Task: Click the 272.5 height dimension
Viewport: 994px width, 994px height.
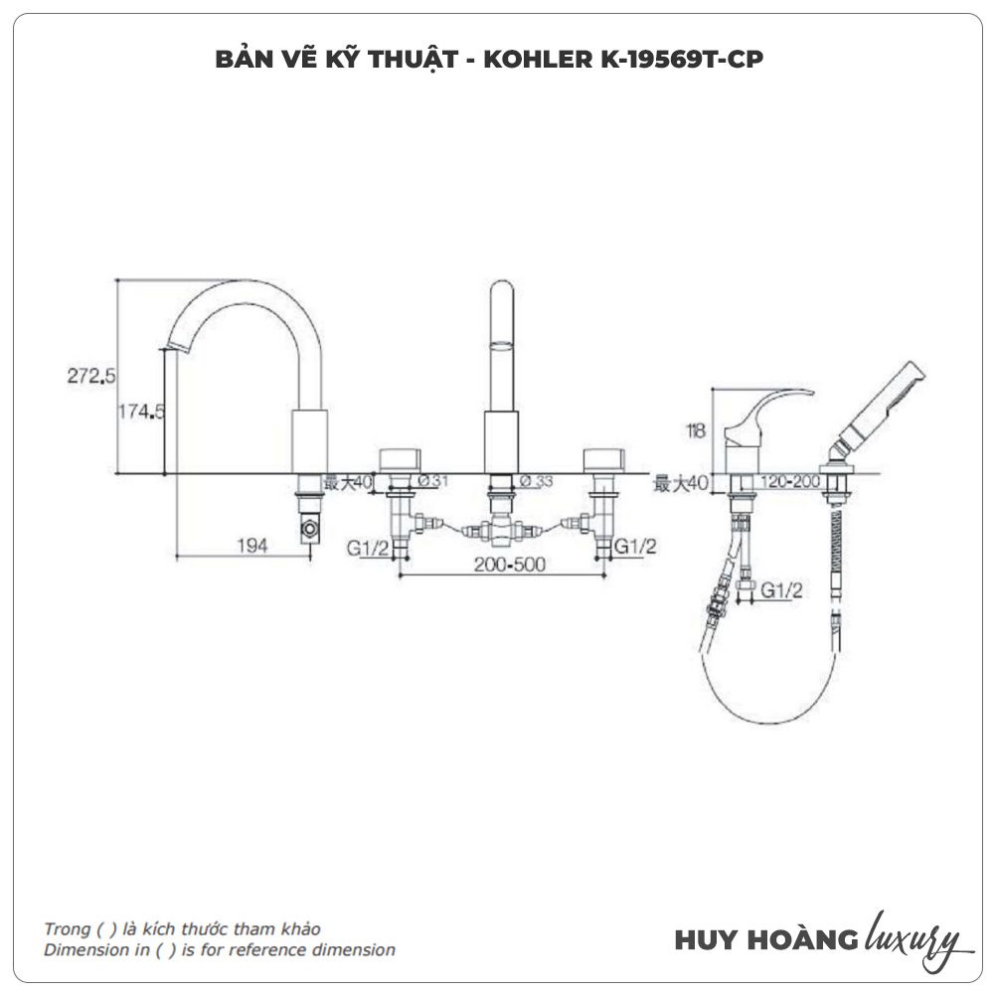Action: [92, 376]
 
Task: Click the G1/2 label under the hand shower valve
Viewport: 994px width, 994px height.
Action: [782, 590]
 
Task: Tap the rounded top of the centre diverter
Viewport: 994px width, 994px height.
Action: [503, 292]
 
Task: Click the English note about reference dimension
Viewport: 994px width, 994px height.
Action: [219, 950]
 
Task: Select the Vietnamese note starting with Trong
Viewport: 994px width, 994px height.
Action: [182, 929]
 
